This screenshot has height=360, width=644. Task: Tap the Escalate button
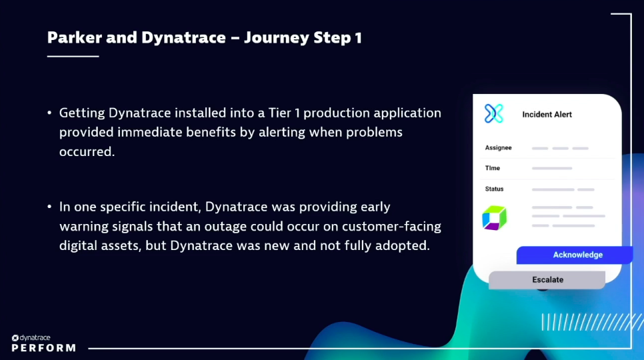547,280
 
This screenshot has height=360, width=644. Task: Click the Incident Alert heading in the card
547,115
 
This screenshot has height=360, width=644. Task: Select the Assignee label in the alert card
498,147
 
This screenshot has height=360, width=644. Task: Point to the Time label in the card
492,168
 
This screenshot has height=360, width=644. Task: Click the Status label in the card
494,189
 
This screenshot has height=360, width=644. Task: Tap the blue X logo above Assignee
494,113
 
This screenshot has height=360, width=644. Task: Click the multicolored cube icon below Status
494,218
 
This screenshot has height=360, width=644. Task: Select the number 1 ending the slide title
358,37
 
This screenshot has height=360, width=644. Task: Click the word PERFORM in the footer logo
43,348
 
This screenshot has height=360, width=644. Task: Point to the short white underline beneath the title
73,56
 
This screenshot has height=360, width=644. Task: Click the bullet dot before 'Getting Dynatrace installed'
49,113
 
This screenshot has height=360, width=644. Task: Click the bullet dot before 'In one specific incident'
49,207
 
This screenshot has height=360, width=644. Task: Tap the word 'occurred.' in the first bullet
87,151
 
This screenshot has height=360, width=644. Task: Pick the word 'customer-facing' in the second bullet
396,226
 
